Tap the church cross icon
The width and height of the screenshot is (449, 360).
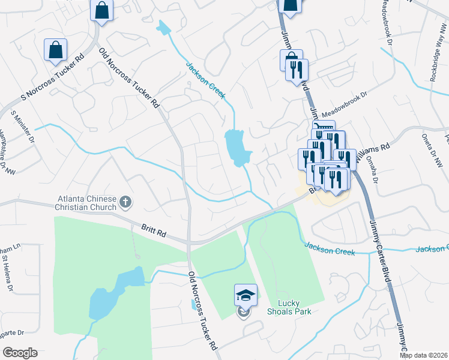[125, 202]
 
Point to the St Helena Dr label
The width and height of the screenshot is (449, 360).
[8, 274]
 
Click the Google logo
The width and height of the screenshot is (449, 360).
[20, 353]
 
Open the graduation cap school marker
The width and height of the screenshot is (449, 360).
[246, 294]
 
